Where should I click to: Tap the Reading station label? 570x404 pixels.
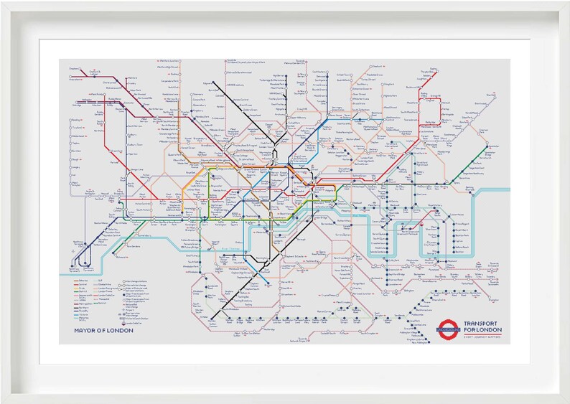click(74, 121)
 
